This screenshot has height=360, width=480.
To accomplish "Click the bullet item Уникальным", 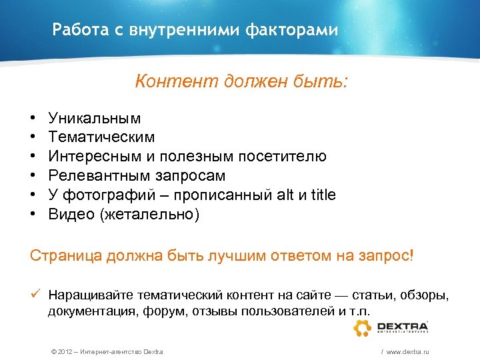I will click(95, 119).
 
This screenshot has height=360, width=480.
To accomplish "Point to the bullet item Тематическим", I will click(101, 137).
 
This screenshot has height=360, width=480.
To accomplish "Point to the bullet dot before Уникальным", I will click(33, 119).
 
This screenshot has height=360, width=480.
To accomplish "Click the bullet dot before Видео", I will click(33, 214).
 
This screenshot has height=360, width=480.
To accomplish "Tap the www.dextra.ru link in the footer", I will click(407, 351).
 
